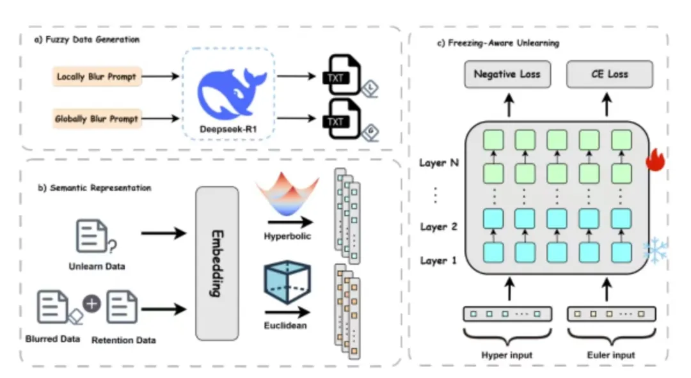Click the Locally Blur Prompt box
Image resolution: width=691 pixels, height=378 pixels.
tap(97, 77)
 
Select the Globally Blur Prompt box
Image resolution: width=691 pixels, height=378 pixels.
tap(97, 119)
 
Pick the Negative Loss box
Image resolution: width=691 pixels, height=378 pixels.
tap(507, 74)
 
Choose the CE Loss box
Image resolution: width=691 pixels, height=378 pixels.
tap(609, 74)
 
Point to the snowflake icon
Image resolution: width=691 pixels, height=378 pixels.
tap(655, 251)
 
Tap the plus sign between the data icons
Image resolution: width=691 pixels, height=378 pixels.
tap(92, 304)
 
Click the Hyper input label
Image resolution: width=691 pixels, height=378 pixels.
tap(507, 354)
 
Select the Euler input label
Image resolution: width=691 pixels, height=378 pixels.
tap(609, 354)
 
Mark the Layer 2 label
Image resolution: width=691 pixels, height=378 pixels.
tap(438, 226)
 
